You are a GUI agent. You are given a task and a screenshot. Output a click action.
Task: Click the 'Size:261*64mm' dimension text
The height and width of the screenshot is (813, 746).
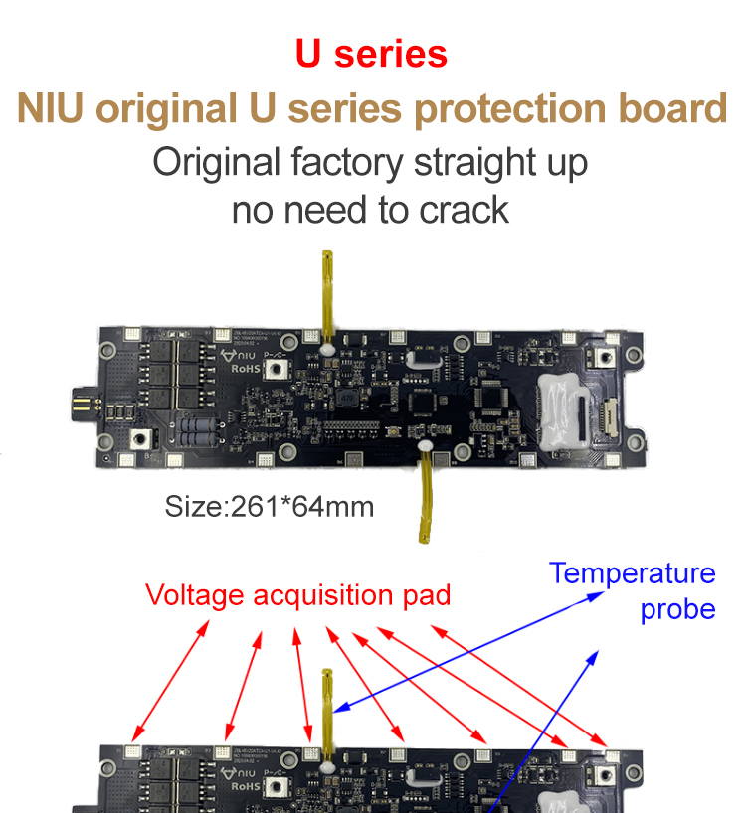270,507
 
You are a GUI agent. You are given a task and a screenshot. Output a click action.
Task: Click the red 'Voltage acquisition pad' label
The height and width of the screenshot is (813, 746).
297,595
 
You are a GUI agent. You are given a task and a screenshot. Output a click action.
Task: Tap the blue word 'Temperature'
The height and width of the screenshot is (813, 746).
632,573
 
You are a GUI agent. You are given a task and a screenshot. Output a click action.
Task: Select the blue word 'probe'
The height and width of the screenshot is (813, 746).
677,608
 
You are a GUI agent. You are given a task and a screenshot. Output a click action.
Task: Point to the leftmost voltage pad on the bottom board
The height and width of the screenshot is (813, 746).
133,752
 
